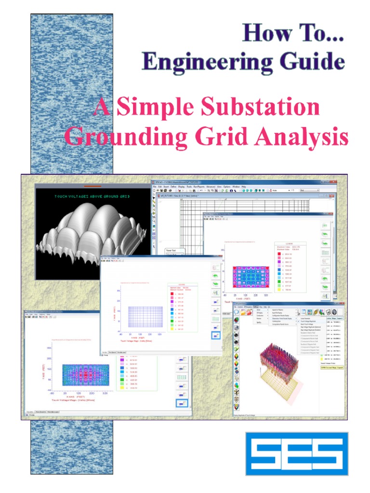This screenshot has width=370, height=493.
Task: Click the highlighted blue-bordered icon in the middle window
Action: [x=216, y=335]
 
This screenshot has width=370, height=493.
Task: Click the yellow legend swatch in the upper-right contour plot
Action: [x=279, y=290]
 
